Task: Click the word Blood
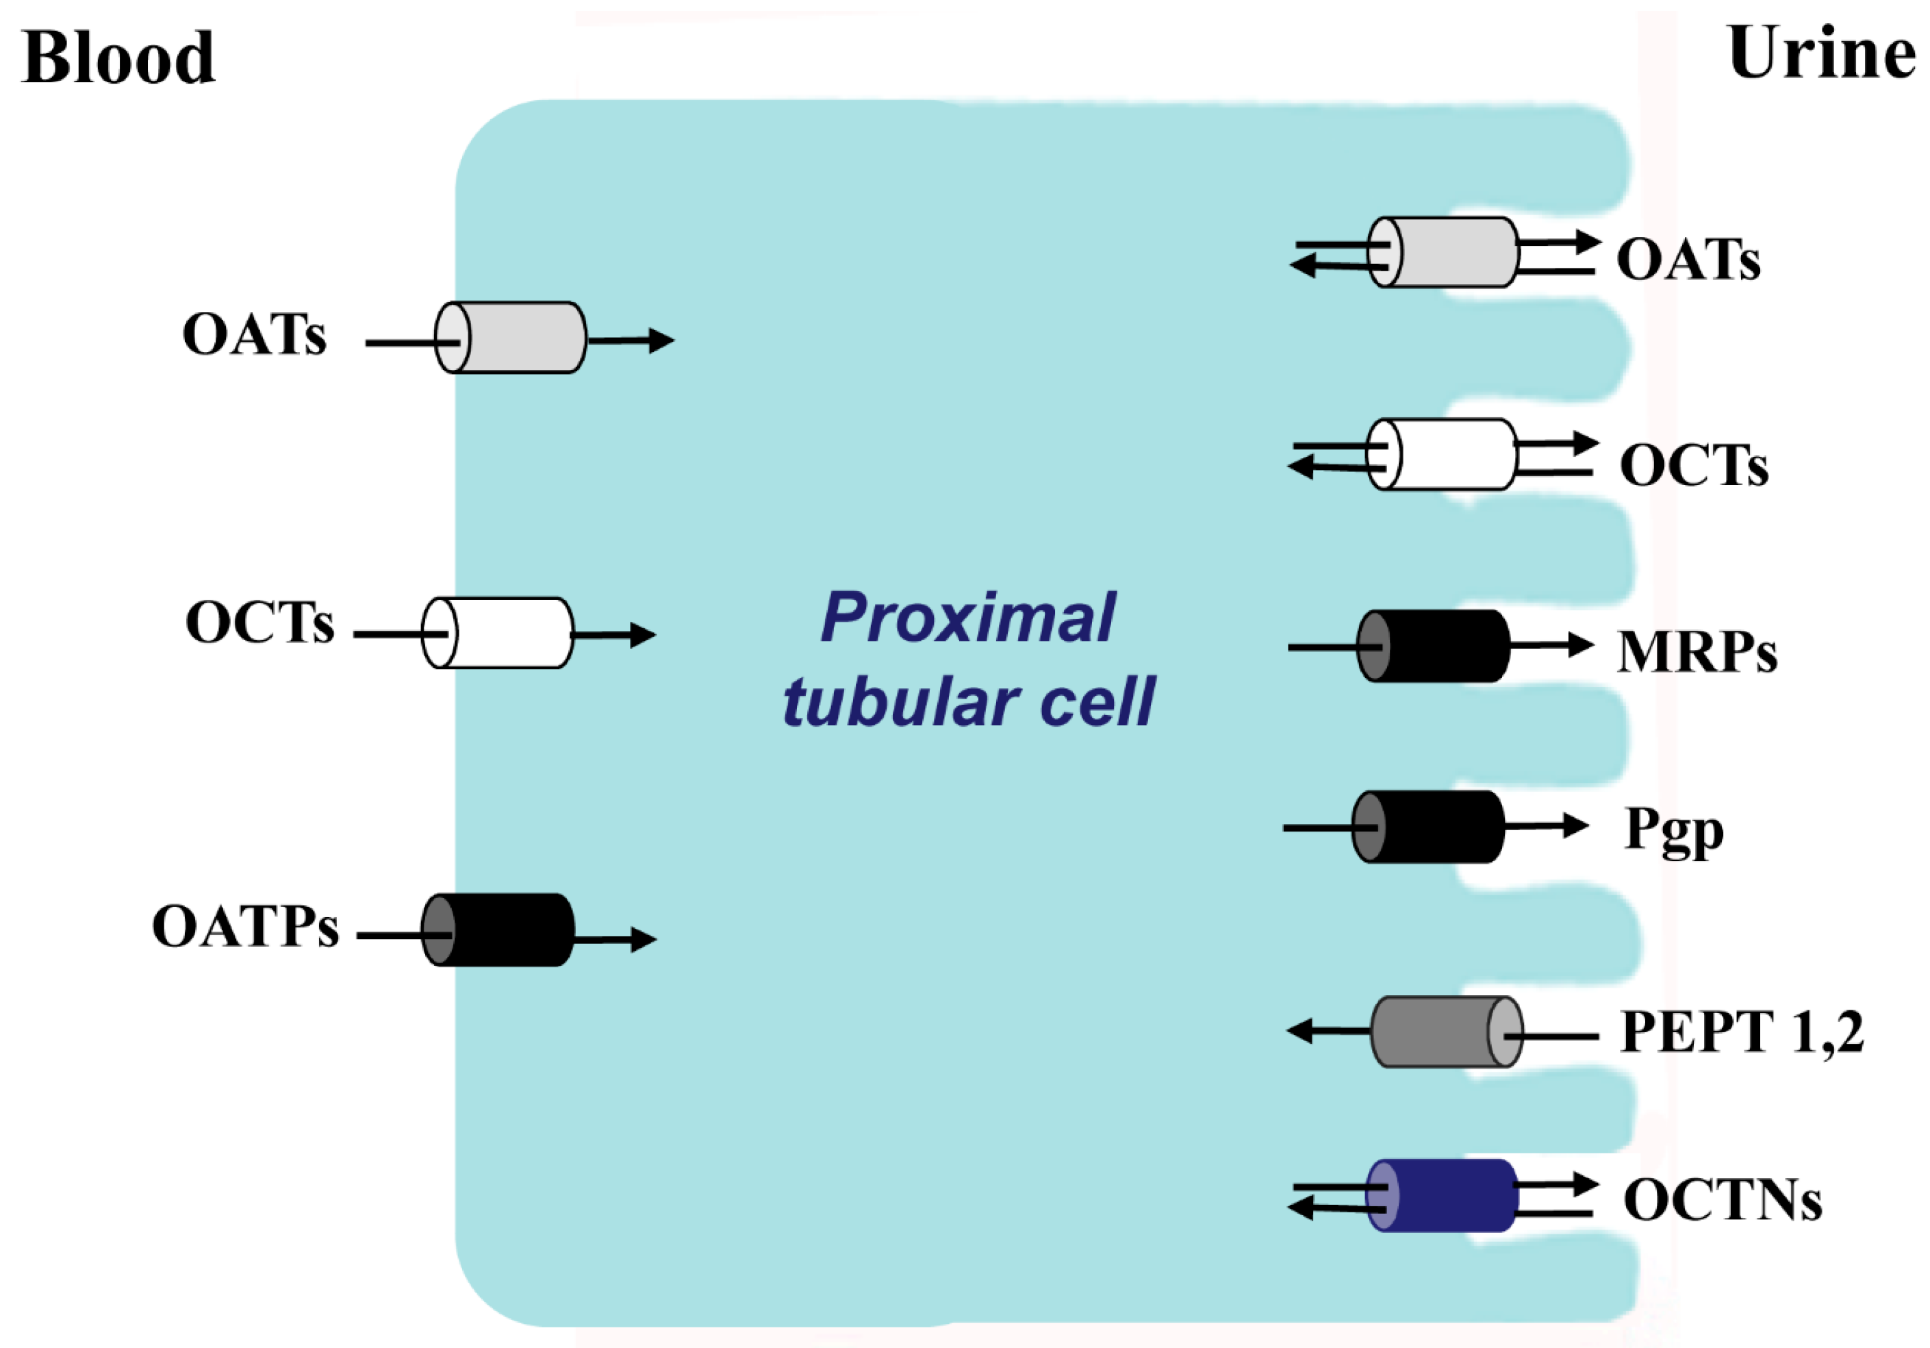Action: coord(118,57)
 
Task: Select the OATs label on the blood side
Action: coord(254,335)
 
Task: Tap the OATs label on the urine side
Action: coord(1688,259)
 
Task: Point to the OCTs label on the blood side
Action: coord(259,623)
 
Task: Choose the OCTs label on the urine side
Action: coord(1693,465)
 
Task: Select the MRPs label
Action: coord(1697,651)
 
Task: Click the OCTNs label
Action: coord(1723,1199)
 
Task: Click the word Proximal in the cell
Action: coord(967,618)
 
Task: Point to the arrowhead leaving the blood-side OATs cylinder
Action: coord(661,340)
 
